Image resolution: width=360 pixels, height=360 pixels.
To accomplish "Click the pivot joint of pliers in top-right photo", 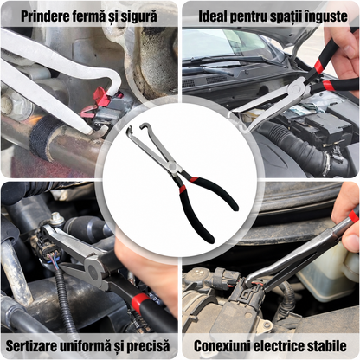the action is (296, 89).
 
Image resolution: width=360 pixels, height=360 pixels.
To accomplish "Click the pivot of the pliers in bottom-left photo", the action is (93, 269).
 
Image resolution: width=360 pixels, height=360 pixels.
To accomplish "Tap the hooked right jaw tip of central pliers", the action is (143, 125).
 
